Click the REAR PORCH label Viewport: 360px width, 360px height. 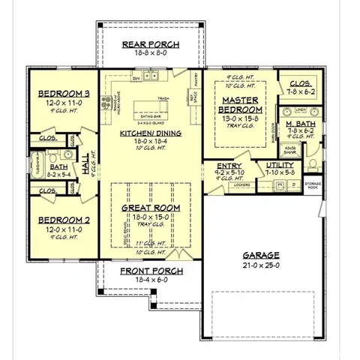click(150, 43)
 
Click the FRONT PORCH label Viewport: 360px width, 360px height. click(150, 269)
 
